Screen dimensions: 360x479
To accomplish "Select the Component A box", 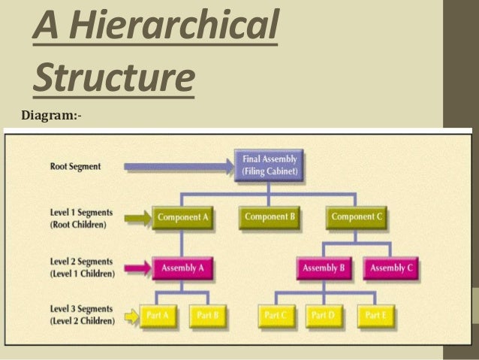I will (182, 218).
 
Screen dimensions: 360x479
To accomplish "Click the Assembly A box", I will (182, 268).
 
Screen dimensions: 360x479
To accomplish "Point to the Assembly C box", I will (392, 268).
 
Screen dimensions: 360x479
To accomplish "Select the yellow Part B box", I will (206, 316).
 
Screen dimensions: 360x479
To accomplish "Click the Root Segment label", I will (75, 166).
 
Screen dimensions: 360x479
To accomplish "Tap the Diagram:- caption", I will (52, 116).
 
